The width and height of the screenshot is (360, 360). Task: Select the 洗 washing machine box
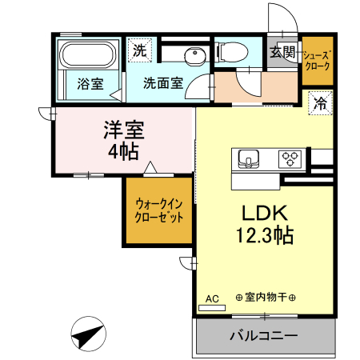point(140,50)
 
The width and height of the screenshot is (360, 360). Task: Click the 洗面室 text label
point(163,82)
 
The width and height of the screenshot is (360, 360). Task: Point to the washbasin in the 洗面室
point(192,55)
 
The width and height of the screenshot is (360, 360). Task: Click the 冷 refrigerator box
point(320,102)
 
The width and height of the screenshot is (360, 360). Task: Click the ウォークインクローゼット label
point(158,210)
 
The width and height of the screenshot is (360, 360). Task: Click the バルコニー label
point(264,334)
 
